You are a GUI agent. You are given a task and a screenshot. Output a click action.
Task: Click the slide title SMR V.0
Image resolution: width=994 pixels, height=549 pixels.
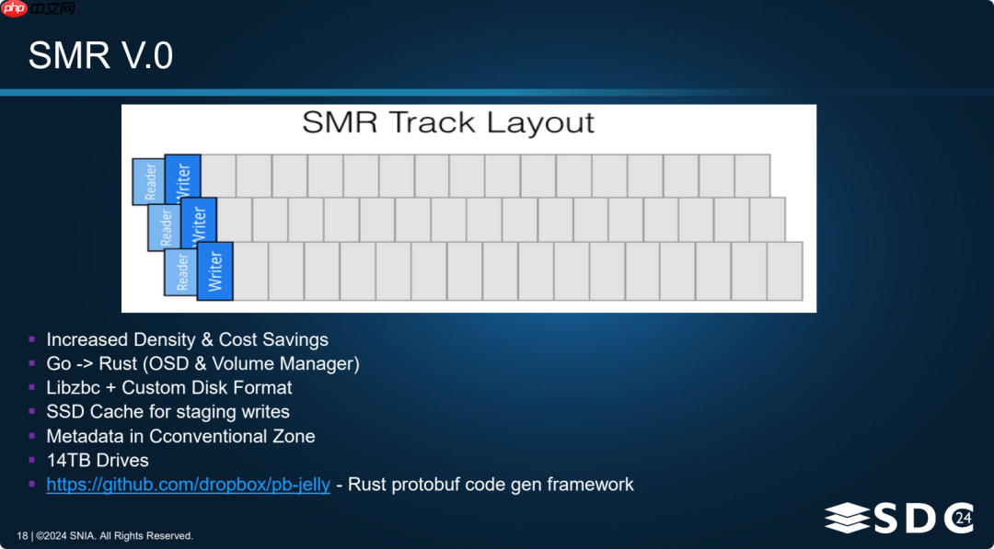click(100, 56)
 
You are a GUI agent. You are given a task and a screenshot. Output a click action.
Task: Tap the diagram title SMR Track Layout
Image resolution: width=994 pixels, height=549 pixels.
click(448, 123)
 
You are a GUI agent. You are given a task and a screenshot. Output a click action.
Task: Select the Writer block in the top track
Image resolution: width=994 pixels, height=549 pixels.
click(182, 179)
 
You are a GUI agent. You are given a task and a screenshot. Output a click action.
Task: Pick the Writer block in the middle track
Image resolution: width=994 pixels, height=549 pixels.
click(198, 224)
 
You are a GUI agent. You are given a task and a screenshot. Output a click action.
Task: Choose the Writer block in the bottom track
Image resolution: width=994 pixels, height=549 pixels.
click(215, 270)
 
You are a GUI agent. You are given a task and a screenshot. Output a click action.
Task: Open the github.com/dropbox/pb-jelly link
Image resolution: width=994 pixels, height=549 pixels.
click(188, 484)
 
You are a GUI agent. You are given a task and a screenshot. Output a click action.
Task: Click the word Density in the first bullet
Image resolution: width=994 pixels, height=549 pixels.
click(168, 339)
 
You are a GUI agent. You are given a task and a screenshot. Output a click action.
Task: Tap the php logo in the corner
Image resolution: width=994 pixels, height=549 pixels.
click(15, 8)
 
